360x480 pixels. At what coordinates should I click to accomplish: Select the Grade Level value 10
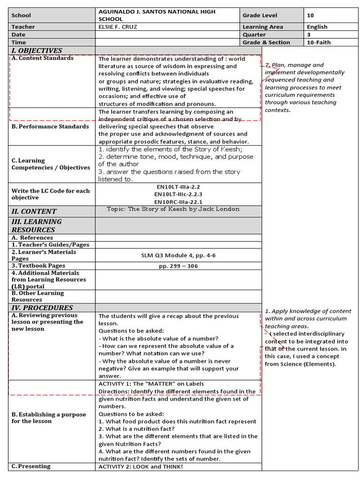[310, 15]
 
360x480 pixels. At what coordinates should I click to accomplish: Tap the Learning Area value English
[317, 27]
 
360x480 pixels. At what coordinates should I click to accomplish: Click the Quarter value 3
[309, 35]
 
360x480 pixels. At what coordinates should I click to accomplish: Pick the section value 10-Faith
[319, 42]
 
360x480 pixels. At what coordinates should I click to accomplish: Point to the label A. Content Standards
[43, 58]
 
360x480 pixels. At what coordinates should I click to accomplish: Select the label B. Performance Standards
[50, 127]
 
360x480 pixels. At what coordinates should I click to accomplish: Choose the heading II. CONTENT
[34, 211]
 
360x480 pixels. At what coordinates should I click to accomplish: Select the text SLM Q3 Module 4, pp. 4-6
[179, 255]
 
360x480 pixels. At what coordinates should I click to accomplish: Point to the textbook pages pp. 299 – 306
[179, 266]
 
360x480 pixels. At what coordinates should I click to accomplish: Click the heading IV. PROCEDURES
[42, 308]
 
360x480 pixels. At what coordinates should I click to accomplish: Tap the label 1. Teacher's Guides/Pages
[51, 245]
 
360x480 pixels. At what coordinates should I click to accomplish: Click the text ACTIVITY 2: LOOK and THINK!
[141, 466]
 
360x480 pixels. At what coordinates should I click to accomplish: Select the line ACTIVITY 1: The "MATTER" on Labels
[151, 384]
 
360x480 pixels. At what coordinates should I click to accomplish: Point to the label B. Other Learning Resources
[37, 296]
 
